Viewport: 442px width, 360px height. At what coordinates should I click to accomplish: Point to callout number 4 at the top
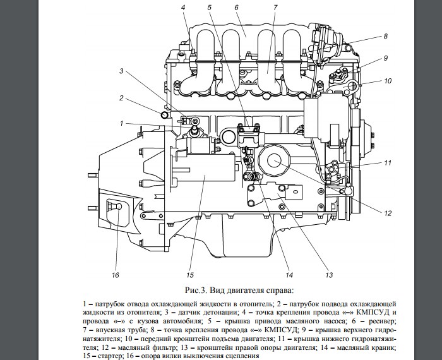pyautogui.click(x=183, y=7)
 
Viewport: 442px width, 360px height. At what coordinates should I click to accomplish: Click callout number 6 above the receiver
pyautogui.click(x=235, y=7)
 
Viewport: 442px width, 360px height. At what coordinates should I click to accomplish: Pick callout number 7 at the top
pyautogui.click(x=275, y=7)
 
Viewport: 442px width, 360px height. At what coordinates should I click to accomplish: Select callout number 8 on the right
pyautogui.click(x=385, y=37)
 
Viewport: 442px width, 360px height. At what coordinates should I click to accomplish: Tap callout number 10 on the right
pyautogui.click(x=388, y=80)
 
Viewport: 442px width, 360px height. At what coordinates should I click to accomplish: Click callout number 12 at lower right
pyautogui.click(x=388, y=212)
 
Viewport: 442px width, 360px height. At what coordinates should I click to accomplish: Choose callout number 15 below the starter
pyautogui.click(x=189, y=275)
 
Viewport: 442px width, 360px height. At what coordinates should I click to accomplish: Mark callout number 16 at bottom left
pyautogui.click(x=116, y=275)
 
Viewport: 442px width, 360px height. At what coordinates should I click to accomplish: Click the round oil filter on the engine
pyautogui.click(x=276, y=162)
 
